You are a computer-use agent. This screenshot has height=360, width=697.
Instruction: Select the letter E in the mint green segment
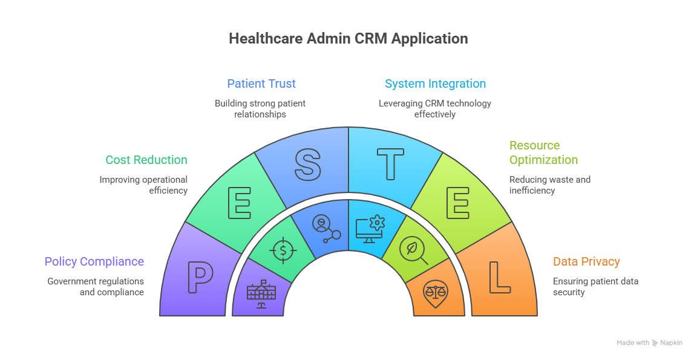[239, 203]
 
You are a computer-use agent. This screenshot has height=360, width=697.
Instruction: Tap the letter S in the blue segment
[307, 165]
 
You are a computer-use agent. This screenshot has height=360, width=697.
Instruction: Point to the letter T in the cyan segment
[390, 165]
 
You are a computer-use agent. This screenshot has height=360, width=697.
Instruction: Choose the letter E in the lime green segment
[457, 203]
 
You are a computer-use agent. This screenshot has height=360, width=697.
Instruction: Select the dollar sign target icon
[282, 250]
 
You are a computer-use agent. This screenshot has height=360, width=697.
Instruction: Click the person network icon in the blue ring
[325, 229]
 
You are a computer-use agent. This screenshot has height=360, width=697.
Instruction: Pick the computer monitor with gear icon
[370, 229]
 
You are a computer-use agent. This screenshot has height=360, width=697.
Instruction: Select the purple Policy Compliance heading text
[93, 265]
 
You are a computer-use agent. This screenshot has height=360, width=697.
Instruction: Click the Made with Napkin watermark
[653, 343]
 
